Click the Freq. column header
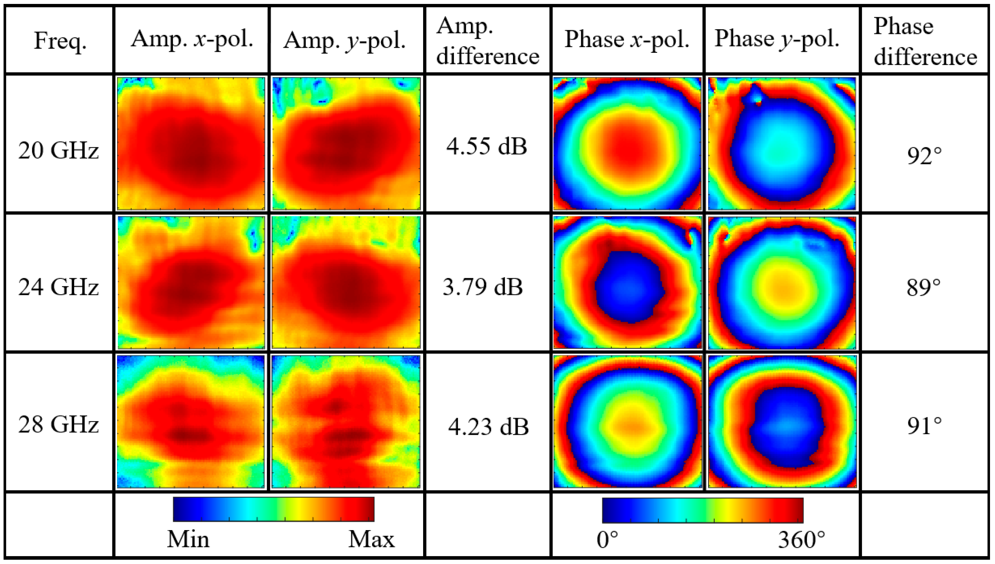60,40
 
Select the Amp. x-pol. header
192,39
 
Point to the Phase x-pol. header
627,39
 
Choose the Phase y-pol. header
777,39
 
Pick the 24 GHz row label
59,287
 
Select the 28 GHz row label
59,425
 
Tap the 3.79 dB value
483,287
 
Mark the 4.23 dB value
488,427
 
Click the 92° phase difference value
924,156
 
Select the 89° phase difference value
923,288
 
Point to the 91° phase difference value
924,426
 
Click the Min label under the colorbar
188,539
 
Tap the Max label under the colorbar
371,539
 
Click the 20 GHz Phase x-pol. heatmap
627,144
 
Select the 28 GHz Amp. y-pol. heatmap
346,421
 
